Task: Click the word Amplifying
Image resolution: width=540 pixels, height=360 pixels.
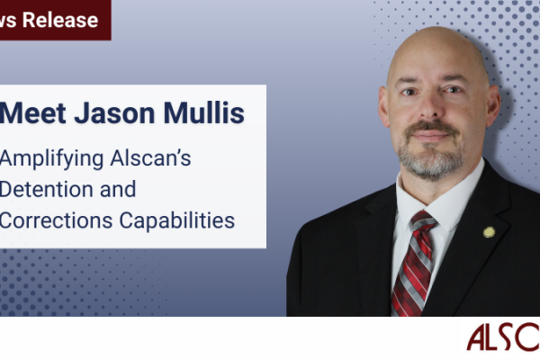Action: [53, 159]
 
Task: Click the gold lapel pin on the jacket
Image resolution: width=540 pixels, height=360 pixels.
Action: [489, 231]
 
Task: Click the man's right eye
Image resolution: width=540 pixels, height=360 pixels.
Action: [407, 102]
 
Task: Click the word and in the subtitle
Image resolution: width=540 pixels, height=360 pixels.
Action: [121, 189]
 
